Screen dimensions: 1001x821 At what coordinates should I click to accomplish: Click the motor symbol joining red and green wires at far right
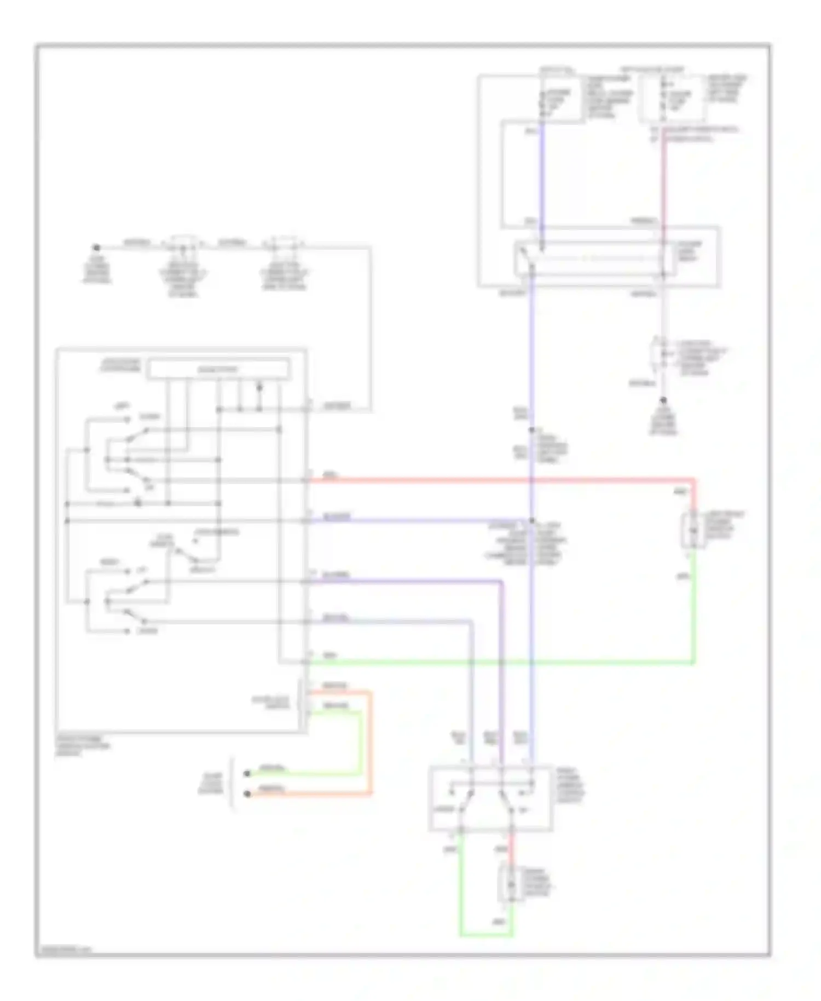[693, 531]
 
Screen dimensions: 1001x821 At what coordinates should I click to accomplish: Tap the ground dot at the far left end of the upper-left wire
[95, 248]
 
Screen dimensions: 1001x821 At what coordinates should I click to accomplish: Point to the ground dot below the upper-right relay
[663, 400]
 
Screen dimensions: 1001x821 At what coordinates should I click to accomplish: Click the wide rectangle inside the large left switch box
[219, 369]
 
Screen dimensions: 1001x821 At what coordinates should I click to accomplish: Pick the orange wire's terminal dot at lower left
[247, 793]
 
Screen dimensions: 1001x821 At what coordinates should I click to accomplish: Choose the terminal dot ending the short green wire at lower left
[247, 773]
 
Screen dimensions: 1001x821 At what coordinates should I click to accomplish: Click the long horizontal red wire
[493, 481]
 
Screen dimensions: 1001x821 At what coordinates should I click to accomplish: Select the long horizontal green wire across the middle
[493, 663]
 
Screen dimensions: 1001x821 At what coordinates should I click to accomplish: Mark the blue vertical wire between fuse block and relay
[542, 175]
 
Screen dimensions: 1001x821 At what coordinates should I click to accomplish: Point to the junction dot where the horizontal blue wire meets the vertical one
[531, 521]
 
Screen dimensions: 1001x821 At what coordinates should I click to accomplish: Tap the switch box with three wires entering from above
[490, 798]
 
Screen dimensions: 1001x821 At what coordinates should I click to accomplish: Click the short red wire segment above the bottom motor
[511, 847]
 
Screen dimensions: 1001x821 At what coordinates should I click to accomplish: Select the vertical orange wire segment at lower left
[371, 742]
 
